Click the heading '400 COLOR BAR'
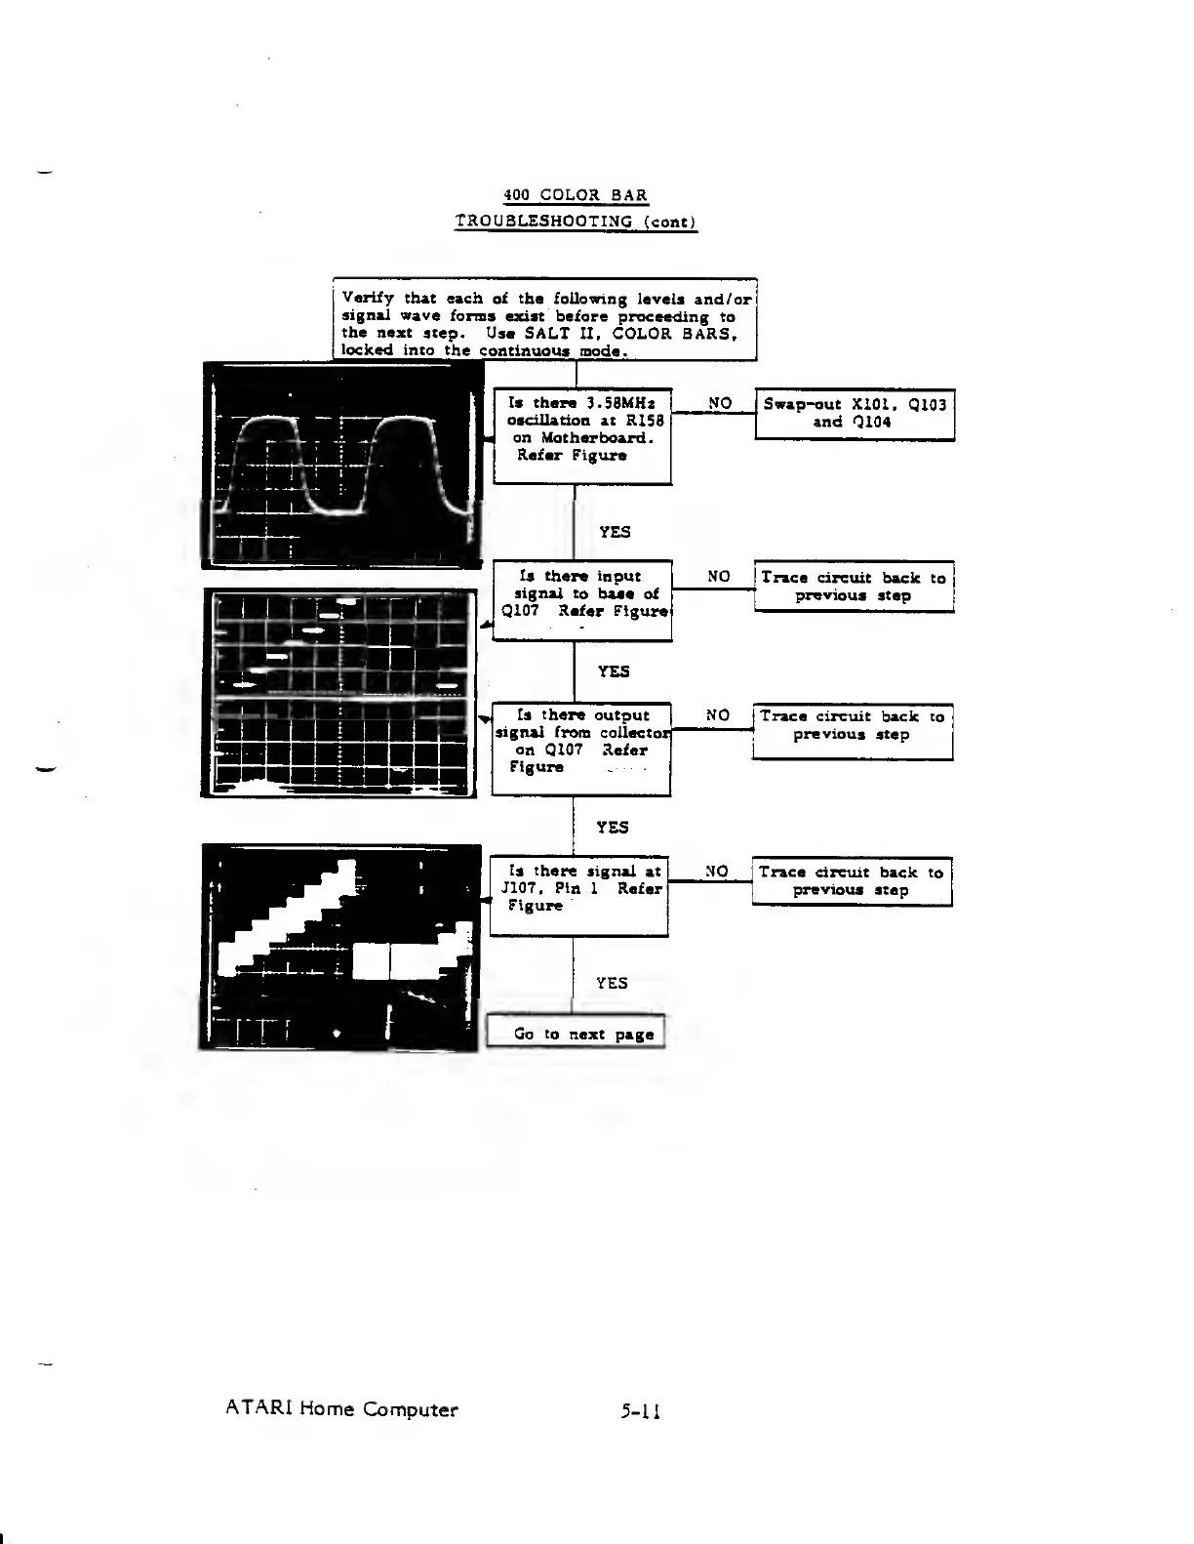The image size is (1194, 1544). tap(576, 195)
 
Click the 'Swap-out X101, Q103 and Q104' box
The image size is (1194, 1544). tap(855, 414)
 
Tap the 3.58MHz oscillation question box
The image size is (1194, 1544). tap(582, 435)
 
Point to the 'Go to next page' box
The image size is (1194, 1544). tap(576, 1033)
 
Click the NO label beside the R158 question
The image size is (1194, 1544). tap(720, 402)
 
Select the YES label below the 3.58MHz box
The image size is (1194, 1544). tap(615, 532)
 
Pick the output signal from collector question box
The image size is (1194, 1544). tap(581, 748)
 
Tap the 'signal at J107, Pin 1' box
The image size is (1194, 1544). tap(579, 896)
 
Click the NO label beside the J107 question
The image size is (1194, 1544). tap(717, 871)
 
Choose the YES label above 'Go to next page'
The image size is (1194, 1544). tap(612, 983)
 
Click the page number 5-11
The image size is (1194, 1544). tap(640, 1410)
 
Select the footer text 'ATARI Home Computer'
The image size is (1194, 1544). tap(341, 1409)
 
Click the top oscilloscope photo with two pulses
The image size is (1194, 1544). tap(341, 466)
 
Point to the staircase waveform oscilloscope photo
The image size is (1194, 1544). tap(339, 947)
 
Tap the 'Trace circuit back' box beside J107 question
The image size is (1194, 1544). tap(852, 881)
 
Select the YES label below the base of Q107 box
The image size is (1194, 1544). tap(614, 671)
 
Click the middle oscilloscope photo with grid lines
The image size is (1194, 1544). tap(339, 692)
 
